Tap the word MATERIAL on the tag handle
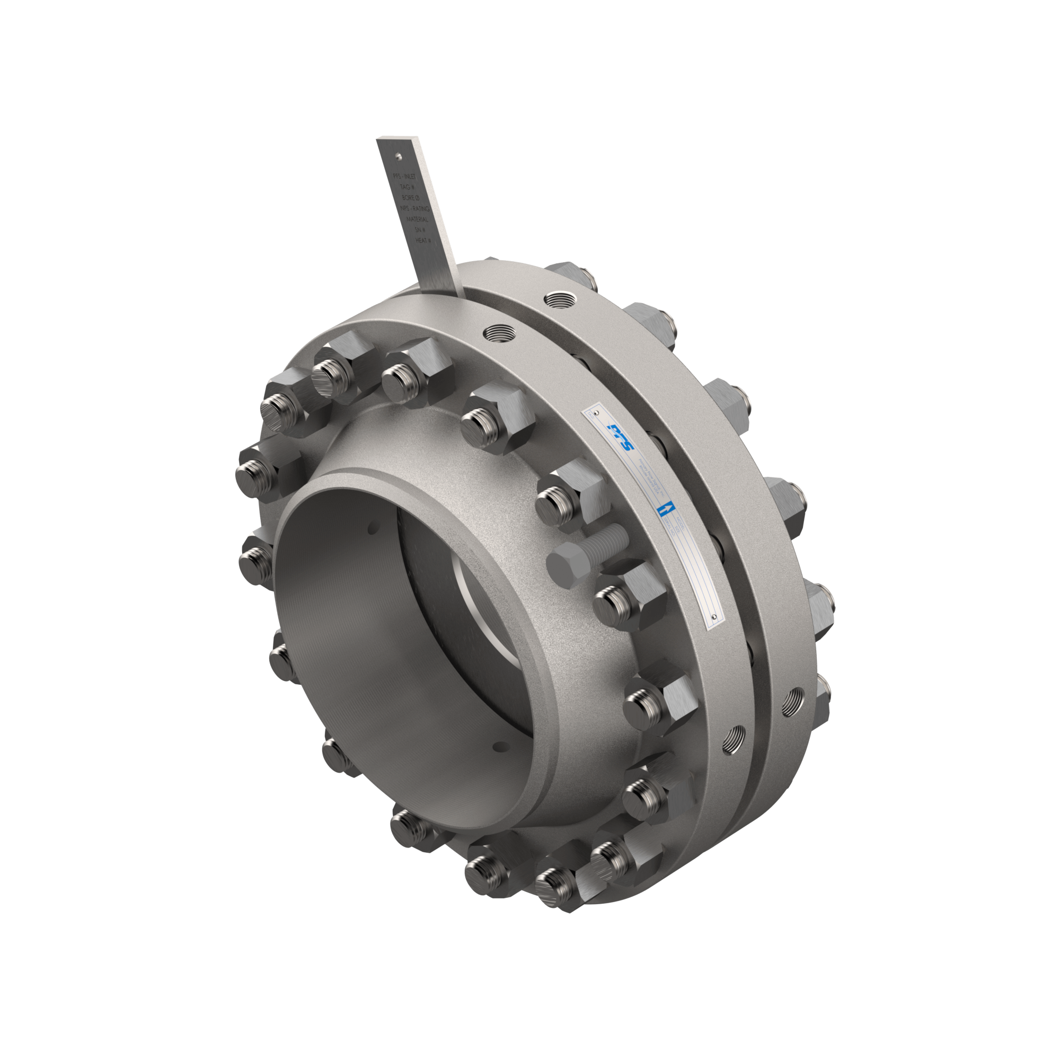tap(418, 219)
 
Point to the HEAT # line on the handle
tap(423, 240)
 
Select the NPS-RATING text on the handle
tap(416, 209)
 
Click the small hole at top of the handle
tap(399, 156)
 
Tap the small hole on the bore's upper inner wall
tap(374, 528)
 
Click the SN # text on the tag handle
tap(421, 230)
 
